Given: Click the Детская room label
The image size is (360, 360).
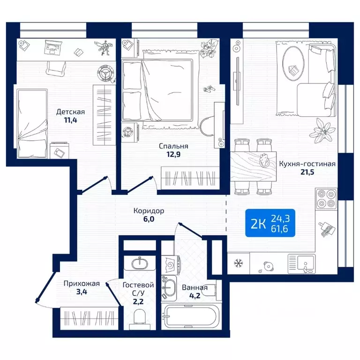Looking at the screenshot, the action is pos(70,112).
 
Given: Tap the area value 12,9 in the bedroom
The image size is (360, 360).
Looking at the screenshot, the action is pos(173,154).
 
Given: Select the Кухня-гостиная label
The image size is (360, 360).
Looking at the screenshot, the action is pos(307,164).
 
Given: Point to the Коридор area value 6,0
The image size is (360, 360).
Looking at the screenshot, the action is pos(149,219).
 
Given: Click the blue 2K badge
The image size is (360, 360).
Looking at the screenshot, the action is pos(270,223).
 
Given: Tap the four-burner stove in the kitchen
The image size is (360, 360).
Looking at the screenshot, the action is pos(326,199).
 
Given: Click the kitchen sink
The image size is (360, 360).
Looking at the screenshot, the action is pos(302,263).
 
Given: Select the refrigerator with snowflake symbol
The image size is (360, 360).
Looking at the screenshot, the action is pos(238,263).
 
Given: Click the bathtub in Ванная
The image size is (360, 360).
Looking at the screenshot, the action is pos(191,316).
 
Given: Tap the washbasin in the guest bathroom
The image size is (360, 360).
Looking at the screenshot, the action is pos(140,262).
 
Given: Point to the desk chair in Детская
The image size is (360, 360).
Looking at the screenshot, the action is pos(56,68).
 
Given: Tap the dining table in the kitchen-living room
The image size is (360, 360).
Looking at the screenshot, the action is pos(253,166).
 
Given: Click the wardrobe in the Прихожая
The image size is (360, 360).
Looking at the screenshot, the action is pos(89,318).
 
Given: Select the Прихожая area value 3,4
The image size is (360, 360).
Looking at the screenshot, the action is pos(82,292).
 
